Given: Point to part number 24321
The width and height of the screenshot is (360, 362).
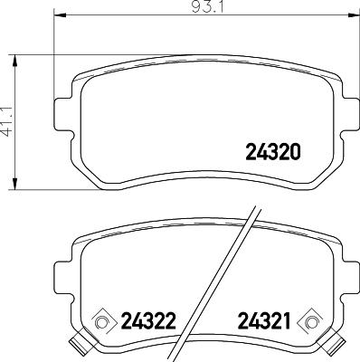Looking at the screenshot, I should [266, 320].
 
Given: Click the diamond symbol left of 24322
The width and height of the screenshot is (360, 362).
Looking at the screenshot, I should [103, 320].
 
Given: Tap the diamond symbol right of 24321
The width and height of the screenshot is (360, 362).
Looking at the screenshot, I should [313, 320].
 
